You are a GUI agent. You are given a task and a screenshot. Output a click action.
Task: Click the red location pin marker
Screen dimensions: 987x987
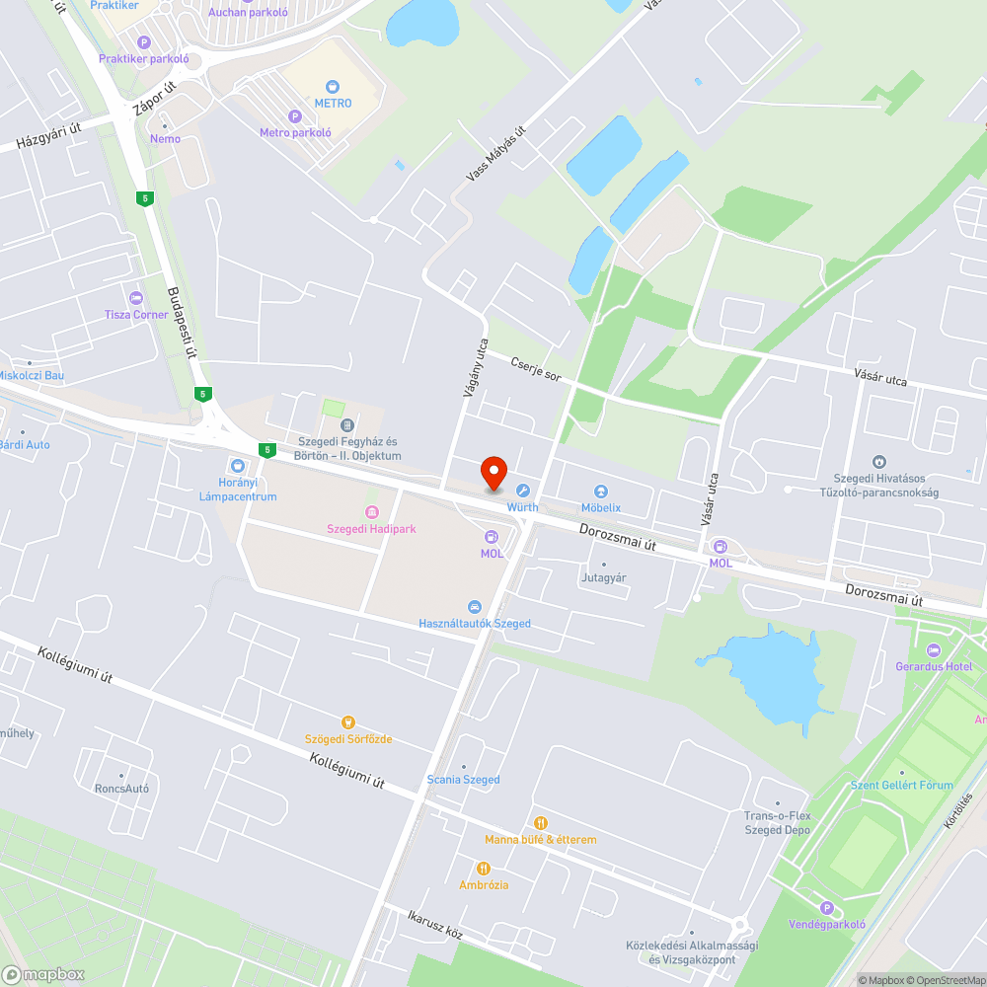point(493,474)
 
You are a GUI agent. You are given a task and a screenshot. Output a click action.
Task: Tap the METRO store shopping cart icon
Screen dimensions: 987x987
point(333,87)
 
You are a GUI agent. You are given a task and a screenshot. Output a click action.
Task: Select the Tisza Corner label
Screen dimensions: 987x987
point(136,315)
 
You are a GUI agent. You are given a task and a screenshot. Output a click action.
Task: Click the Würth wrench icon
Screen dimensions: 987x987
point(523,491)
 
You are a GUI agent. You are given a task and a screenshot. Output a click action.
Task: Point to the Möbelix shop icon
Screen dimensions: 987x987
point(600,492)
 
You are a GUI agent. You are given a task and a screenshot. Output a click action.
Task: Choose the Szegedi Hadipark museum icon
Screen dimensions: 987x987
point(371,512)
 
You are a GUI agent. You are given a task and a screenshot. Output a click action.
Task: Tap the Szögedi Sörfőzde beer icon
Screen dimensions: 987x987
point(347,722)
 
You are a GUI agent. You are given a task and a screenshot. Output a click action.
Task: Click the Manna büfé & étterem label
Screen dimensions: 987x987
point(540,840)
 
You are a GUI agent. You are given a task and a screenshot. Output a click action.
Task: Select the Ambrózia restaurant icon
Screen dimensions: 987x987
point(484,869)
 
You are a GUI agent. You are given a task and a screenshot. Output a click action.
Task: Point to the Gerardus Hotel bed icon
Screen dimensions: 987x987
point(934,649)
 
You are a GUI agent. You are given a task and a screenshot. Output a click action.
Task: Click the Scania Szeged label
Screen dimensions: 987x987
point(463,780)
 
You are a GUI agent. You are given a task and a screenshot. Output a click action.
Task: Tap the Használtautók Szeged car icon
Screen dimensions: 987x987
point(475,606)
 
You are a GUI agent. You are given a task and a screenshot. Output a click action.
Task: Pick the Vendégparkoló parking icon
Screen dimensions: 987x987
point(827,908)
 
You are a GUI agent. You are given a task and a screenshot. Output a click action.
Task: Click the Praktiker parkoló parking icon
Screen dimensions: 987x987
point(144,42)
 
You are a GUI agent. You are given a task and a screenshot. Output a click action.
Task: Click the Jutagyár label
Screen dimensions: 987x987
point(604,578)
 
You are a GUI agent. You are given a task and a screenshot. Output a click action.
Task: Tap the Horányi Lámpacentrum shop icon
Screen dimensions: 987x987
point(237,465)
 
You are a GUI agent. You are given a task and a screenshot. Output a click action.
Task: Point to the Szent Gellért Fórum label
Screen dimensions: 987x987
point(902,786)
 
